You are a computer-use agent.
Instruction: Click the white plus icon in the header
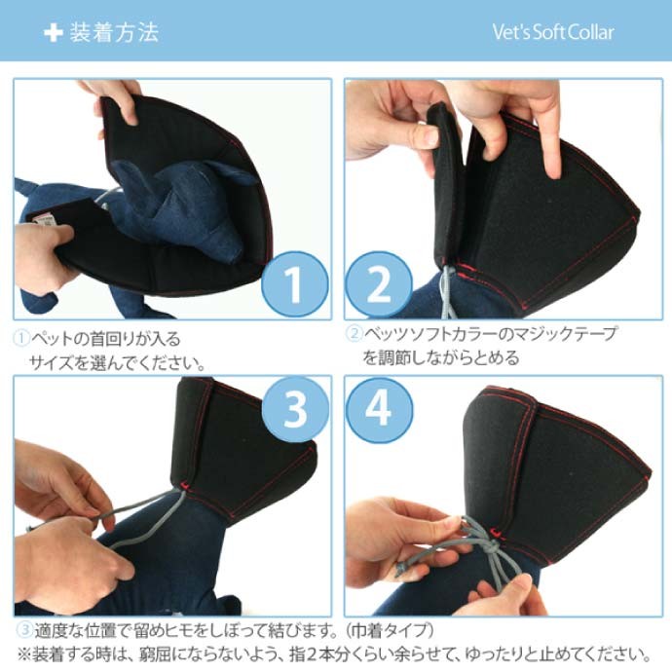[x=53, y=32]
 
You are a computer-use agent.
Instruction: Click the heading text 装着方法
[x=114, y=32]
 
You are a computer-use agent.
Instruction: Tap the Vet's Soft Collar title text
[x=553, y=32]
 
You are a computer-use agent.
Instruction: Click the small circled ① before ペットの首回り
[x=21, y=338]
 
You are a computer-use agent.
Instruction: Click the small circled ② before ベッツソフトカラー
[x=355, y=334]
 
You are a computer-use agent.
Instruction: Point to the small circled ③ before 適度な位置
[x=21, y=630]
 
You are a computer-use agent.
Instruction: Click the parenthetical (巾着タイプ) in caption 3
[x=384, y=630]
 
